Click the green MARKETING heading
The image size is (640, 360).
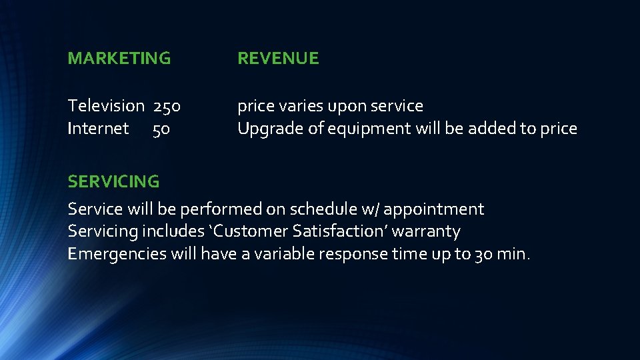(119, 59)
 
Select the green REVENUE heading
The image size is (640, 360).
(278, 59)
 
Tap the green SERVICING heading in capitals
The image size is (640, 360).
(113, 181)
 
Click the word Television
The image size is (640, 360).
(106, 106)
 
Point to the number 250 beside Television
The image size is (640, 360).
(167, 106)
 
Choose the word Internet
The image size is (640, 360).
(98, 129)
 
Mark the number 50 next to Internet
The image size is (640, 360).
(161, 129)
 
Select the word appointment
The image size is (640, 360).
(434, 210)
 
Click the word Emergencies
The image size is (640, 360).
(117, 255)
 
